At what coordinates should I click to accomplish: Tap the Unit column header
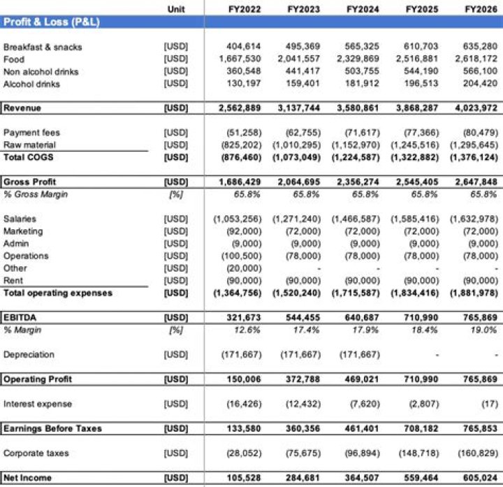point(177,8)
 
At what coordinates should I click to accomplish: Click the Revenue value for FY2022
point(240,108)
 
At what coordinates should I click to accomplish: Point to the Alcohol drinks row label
point(31,84)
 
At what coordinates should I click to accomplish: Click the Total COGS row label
point(29,157)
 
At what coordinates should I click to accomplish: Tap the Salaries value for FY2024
point(358,219)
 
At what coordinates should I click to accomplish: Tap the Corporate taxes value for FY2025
point(417,453)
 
